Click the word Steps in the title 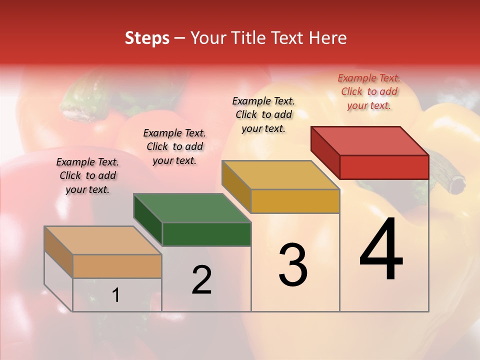tap(147, 38)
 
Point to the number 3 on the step tap(293, 264)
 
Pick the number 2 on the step tap(202, 280)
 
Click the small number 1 tap(116, 295)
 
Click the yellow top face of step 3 tap(280, 175)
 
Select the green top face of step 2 tap(192, 208)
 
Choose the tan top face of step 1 tap(102, 240)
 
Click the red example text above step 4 tap(369, 92)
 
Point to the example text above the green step tap(174, 146)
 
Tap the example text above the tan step tap(87, 175)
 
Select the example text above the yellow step tap(263, 114)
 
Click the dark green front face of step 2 tap(206, 234)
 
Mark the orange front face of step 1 tap(117, 266)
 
